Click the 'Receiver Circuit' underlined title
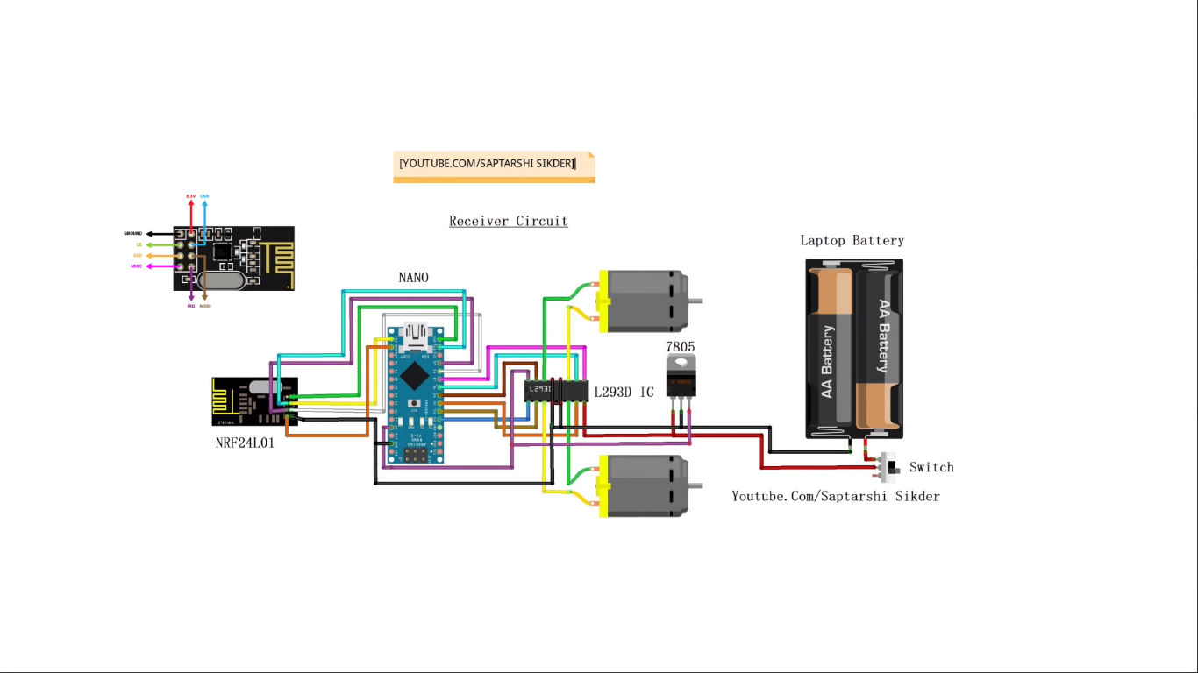pyautogui.click(x=509, y=221)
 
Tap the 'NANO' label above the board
pyautogui.click(x=414, y=278)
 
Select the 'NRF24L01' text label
pyautogui.click(x=245, y=443)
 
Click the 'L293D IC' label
pyautogui.click(x=624, y=392)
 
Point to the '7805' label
pyautogui.click(x=680, y=347)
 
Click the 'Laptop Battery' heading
pyautogui.click(x=852, y=240)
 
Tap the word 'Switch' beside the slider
pyautogui.click(x=931, y=467)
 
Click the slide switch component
pyautogui.click(x=890, y=468)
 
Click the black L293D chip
pyautogui.click(x=555, y=391)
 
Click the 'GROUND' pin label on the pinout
pyautogui.click(x=133, y=234)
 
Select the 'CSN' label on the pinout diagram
pyautogui.click(x=204, y=195)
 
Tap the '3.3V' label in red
pyautogui.click(x=190, y=195)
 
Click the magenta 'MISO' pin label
pyautogui.click(x=136, y=266)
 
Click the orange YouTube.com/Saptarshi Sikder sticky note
pyautogui.click(x=494, y=165)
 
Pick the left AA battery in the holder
pyautogui.click(x=830, y=351)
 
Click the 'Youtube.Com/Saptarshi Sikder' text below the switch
pyautogui.click(x=836, y=496)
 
